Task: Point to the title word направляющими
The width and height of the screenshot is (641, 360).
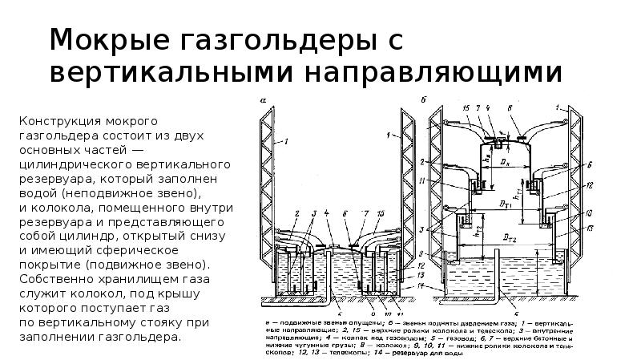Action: [429, 72]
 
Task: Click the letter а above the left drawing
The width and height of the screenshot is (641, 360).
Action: [262, 99]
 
